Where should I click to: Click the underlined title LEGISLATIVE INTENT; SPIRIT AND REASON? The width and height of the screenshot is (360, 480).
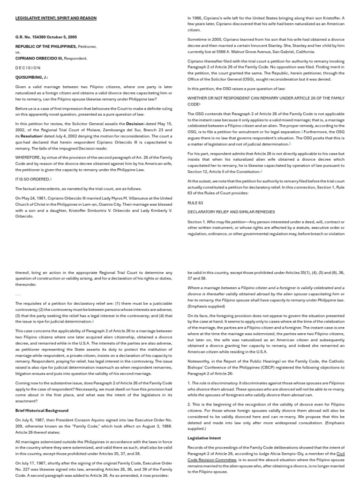tap(56, 18)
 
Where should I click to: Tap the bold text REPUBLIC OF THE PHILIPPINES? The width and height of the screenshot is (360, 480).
tap(45, 47)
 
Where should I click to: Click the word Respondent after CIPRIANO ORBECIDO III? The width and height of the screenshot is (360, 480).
tap(76, 59)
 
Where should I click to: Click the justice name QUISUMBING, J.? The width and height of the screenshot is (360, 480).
tap(31, 77)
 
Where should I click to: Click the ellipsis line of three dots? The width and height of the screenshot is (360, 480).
tap(18, 294)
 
